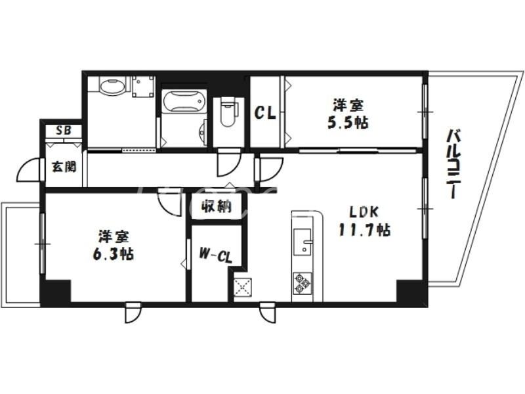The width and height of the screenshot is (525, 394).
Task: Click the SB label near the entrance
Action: click(64, 129)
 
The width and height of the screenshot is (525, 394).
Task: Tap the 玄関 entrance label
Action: click(64, 165)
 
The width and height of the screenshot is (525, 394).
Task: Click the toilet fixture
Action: click(228, 113)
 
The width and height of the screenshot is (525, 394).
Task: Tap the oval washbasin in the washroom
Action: click(112, 85)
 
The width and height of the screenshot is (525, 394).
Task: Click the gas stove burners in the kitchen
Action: click(301, 283)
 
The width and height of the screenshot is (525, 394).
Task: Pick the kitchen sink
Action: click(303, 242)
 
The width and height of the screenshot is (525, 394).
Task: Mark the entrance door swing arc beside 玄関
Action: click(28, 173)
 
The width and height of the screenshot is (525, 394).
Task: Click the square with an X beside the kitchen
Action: click(243, 286)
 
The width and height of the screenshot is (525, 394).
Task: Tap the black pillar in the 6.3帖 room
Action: click(55, 290)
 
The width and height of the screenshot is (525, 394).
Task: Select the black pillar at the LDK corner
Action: click(412, 290)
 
